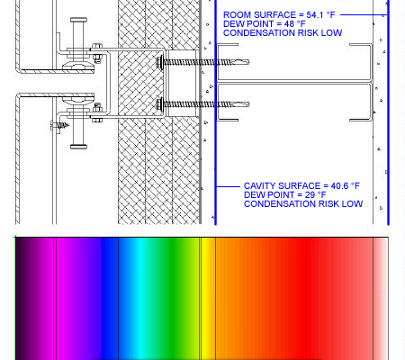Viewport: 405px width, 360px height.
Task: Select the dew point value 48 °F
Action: (295, 24)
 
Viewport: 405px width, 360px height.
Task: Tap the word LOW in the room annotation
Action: (332, 33)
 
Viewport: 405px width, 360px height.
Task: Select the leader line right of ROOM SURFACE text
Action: (364, 14)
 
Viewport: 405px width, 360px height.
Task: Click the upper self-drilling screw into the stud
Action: (202, 62)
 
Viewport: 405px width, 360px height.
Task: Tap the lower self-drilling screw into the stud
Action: (202, 104)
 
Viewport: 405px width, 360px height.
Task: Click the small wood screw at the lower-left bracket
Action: (60, 125)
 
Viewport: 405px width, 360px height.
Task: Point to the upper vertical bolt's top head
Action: (79, 20)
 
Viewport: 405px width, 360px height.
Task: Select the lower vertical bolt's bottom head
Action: (79, 147)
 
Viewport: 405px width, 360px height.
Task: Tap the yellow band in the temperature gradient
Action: (207, 299)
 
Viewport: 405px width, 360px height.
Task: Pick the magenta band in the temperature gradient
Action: (61, 299)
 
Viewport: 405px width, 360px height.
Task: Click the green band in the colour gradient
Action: (168, 299)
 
